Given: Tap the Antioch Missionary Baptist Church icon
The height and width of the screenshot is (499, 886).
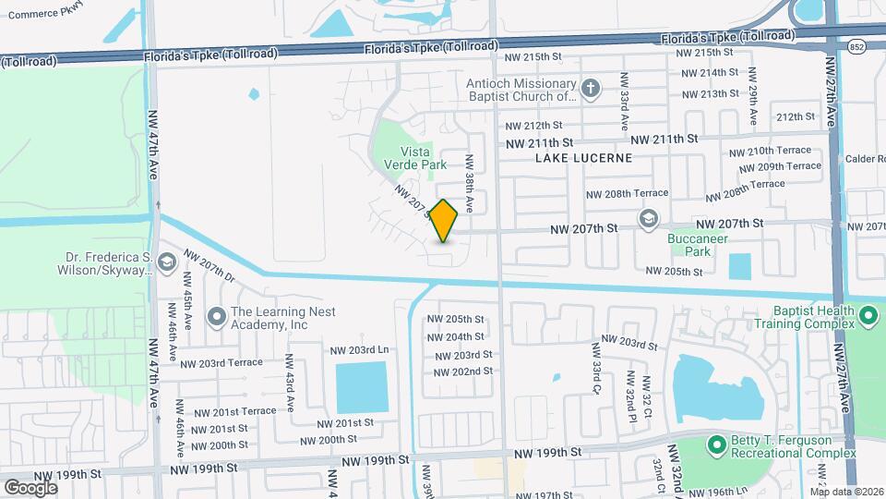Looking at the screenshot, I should [591, 89].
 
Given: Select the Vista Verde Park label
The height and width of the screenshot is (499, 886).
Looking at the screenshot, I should [423, 158].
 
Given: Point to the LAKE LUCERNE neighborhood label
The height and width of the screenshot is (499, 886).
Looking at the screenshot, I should [584, 158].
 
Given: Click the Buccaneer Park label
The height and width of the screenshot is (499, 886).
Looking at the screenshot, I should [698, 245].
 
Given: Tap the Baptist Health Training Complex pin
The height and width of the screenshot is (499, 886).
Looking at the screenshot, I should [868, 317].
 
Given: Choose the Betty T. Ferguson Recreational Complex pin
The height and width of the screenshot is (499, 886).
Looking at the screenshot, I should [715, 446].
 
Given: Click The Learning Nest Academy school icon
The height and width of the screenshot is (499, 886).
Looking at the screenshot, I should [216, 318].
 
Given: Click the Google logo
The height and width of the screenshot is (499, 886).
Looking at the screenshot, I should [30, 487].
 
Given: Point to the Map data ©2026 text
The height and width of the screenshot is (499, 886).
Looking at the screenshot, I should [844, 492].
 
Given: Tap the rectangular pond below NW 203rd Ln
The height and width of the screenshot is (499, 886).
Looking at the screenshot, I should [361, 387].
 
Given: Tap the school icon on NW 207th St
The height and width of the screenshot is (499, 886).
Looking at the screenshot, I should [648, 221].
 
